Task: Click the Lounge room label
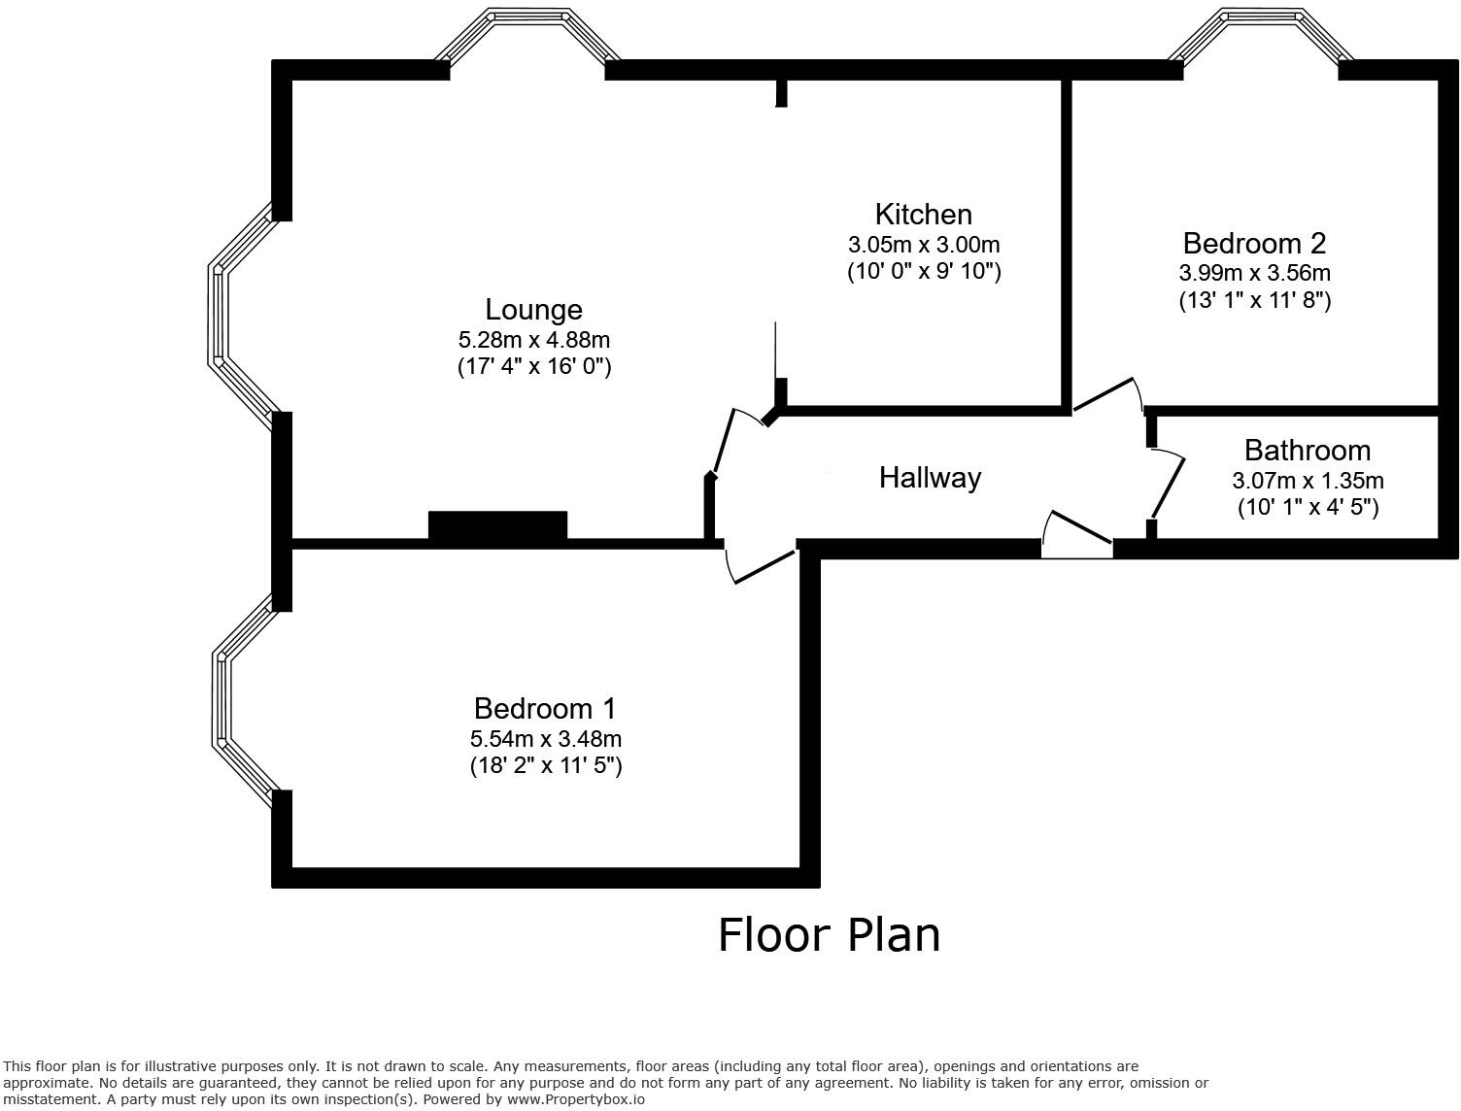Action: point(533,310)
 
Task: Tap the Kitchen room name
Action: point(923,215)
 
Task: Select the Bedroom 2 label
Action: point(1254,244)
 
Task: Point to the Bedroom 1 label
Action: point(545,709)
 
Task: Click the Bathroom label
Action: point(1307,451)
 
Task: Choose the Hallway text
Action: point(930,478)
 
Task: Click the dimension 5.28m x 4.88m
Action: point(533,340)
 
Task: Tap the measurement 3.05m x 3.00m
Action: point(923,245)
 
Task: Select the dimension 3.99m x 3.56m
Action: point(1254,273)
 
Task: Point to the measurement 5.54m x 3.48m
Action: point(545,739)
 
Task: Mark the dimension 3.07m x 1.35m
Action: point(1308,481)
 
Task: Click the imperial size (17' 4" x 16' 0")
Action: point(533,367)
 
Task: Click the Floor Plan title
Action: point(829,935)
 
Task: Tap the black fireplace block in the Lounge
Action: point(497,524)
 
